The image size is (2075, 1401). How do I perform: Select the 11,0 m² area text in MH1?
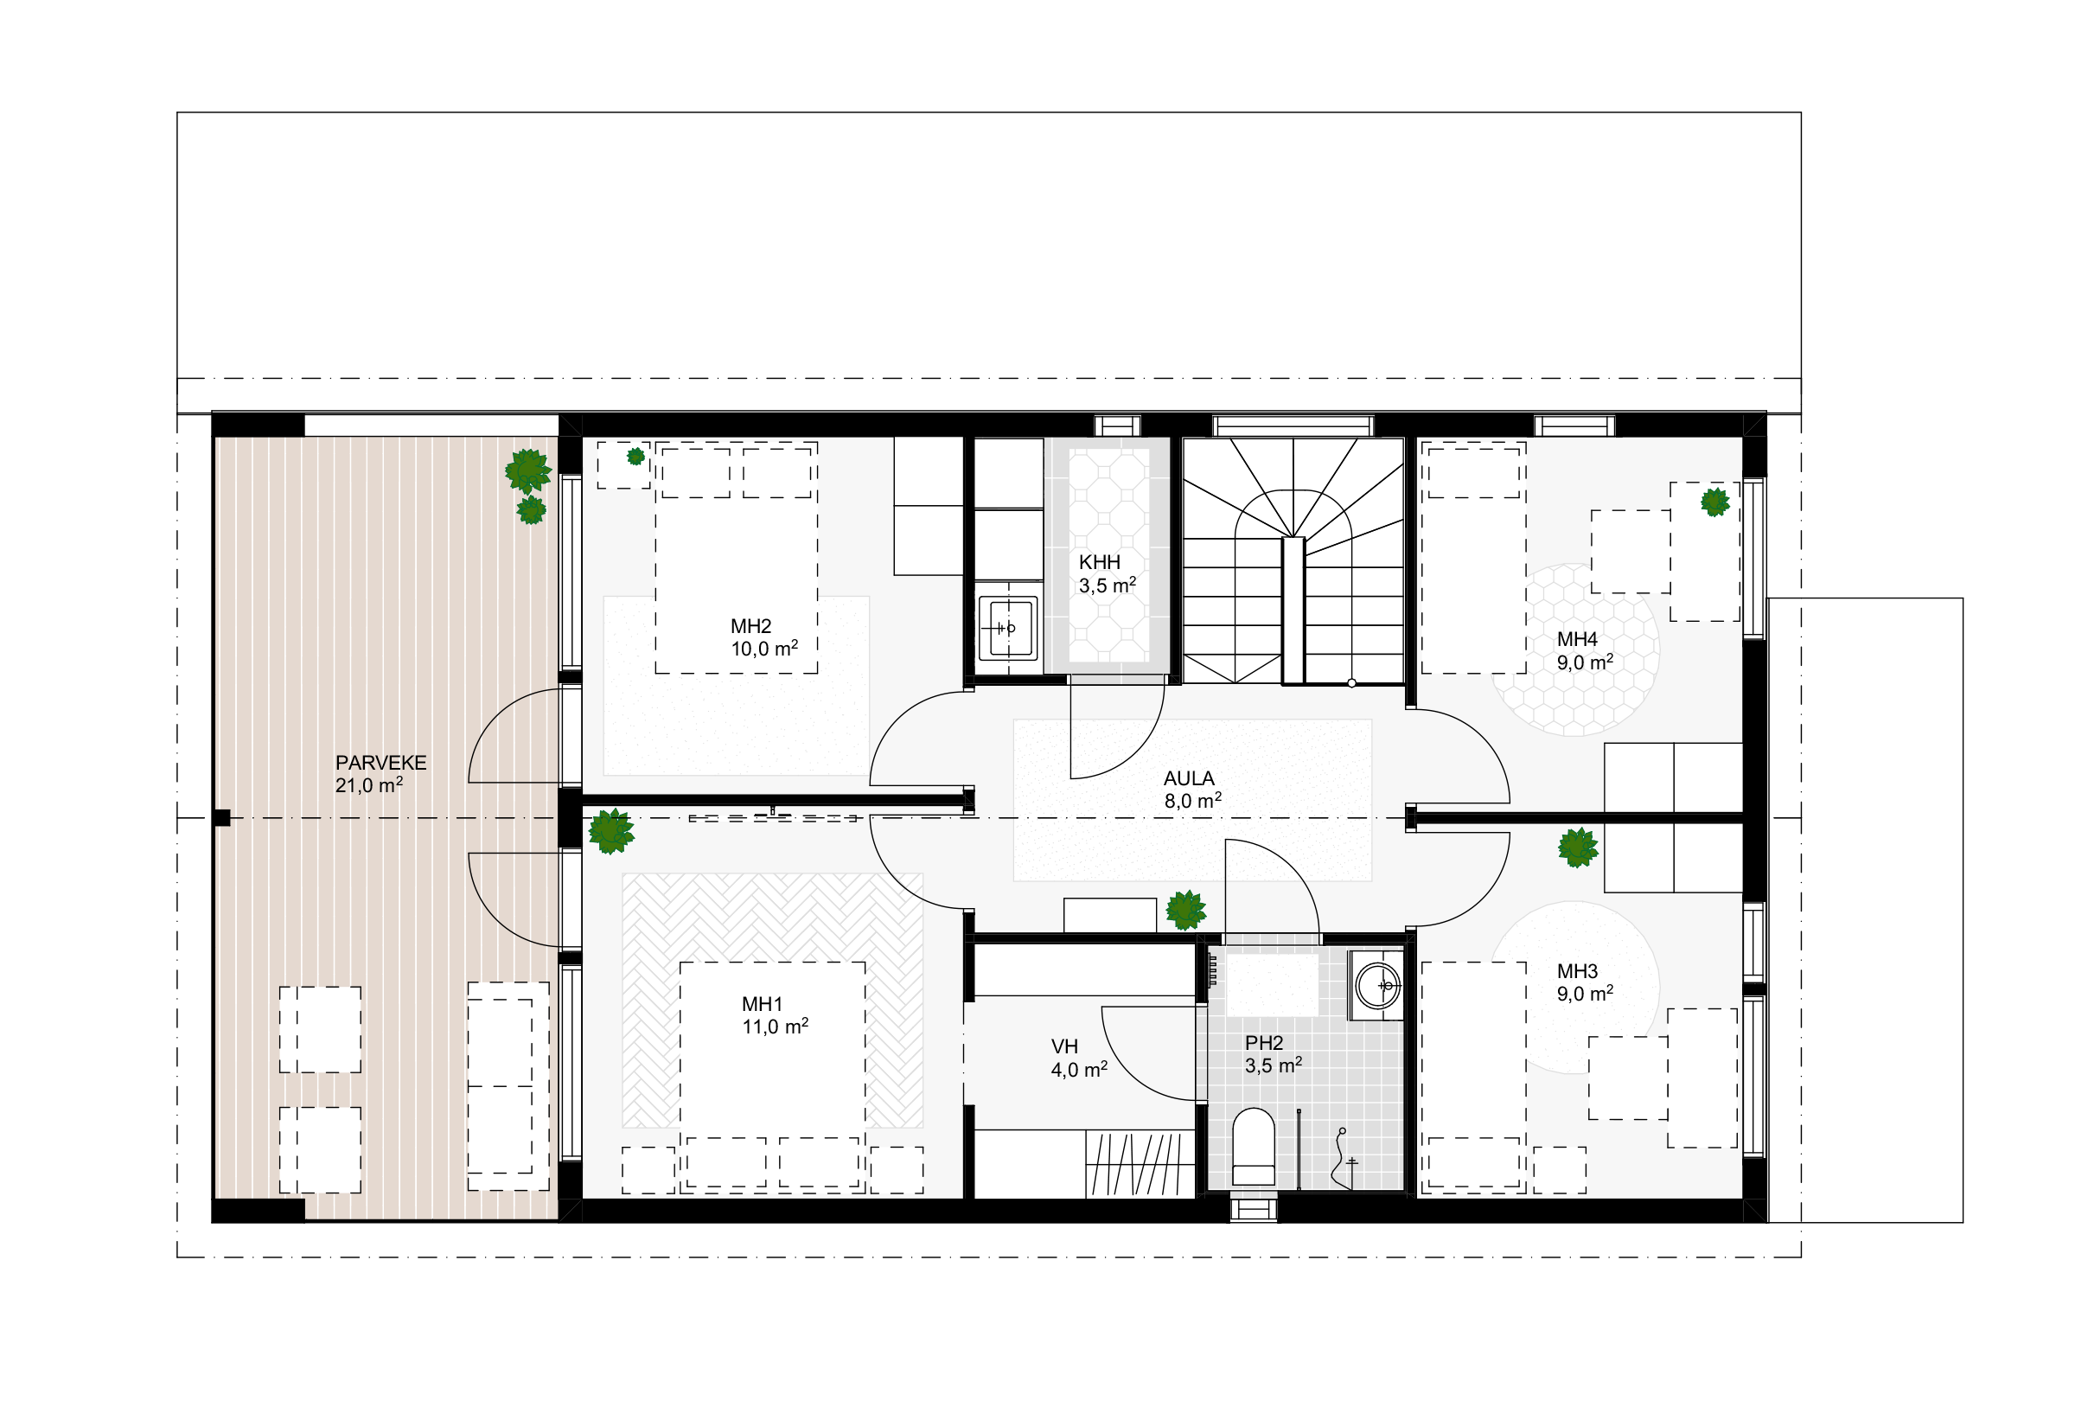775,1026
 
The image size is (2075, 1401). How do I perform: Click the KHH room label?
1099,562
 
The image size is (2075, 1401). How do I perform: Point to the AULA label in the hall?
1189,778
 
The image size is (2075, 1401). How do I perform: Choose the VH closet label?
1064,1046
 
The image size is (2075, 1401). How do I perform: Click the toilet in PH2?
1253,1148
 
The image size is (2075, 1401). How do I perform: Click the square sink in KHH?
1008,628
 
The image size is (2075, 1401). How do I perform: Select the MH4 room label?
1577,639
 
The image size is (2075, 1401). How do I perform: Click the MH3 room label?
1577,971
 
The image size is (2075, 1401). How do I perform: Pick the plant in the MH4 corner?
1714,502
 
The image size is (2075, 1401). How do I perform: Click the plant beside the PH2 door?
1185,910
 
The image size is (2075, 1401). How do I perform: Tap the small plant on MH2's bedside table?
635,457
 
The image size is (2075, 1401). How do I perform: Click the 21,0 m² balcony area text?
369,786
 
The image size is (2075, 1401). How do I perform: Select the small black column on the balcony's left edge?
221,817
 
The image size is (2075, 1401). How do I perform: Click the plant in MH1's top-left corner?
610,831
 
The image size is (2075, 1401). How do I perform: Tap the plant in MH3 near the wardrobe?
1578,848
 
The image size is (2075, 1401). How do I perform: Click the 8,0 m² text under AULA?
1193,801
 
